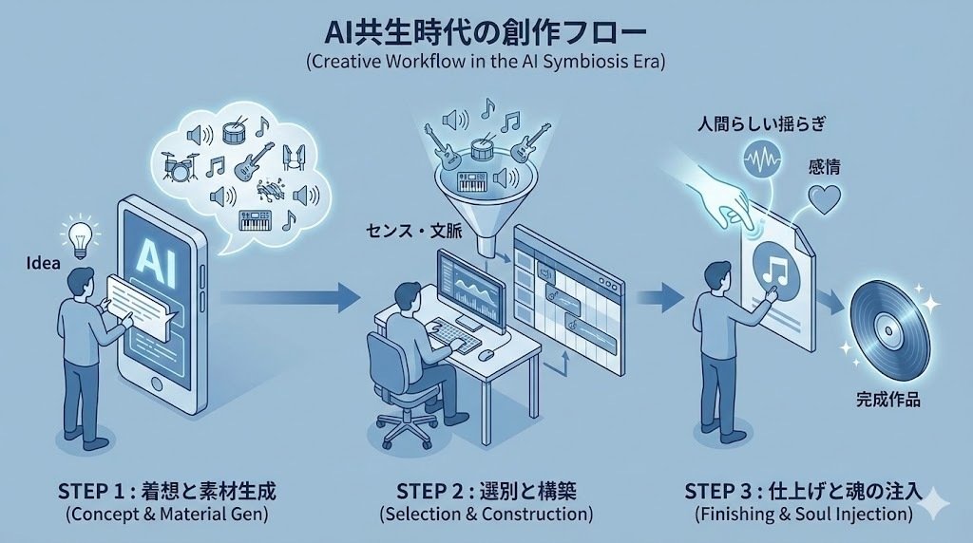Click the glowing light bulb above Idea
pyautogui.click(x=77, y=233)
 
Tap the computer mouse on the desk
pyautogui.click(x=485, y=354)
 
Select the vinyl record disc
pyautogui.click(x=889, y=324)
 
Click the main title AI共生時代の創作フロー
pyautogui.click(x=486, y=31)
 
